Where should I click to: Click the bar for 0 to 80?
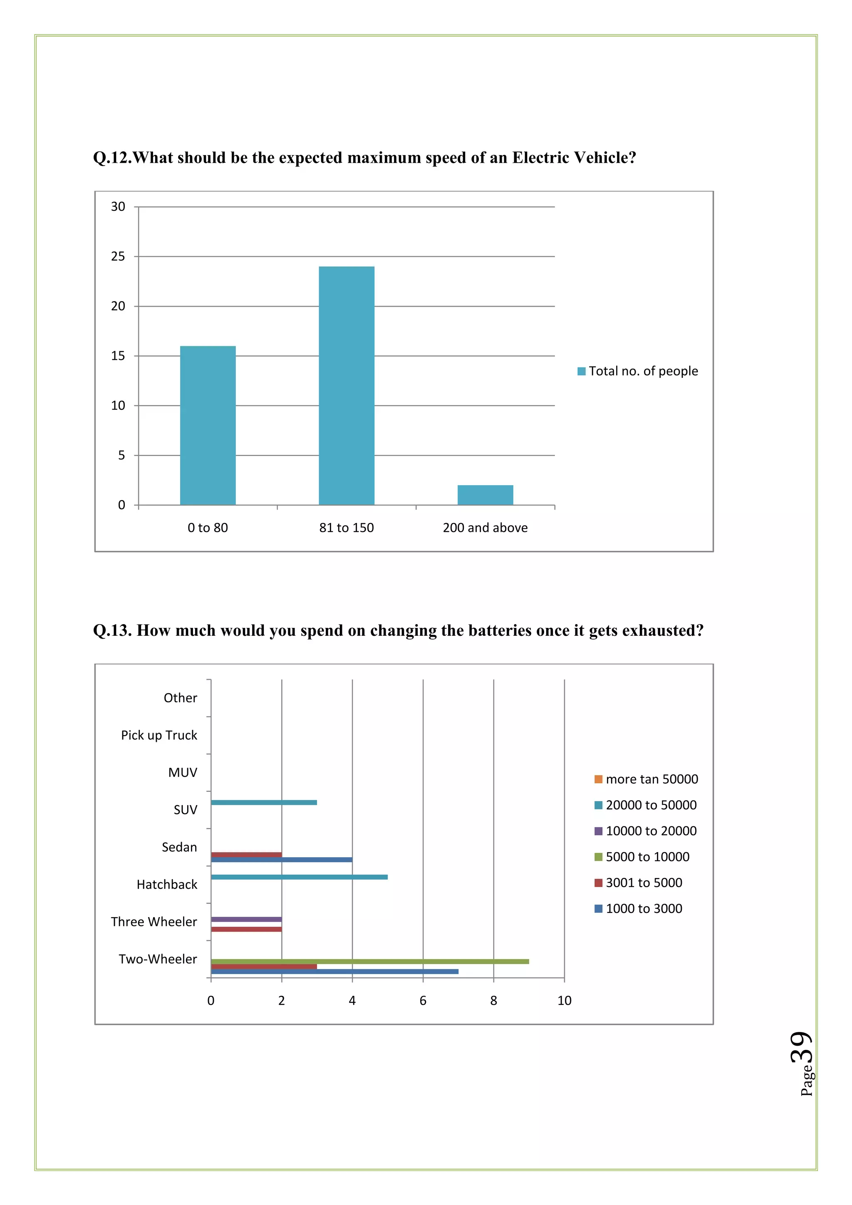tap(208, 425)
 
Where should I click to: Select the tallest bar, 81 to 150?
tap(346, 386)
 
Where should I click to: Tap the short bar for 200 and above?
tap(485, 495)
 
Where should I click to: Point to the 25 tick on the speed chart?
tap(118, 257)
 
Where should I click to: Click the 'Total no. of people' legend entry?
tap(637, 371)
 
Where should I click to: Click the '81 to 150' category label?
tap(346, 528)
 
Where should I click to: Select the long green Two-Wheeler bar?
tap(370, 962)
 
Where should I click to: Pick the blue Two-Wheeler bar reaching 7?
tap(334, 972)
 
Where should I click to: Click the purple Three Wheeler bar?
tap(246, 920)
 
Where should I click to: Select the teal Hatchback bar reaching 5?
tap(299, 877)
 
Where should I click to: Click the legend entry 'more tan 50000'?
tap(646, 779)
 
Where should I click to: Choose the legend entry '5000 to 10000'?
tap(642, 857)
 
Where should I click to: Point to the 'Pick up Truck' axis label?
tap(159, 735)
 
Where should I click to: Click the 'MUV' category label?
tap(183, 773)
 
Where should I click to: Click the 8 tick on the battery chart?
tap(494, 1001)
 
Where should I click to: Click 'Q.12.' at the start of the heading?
tap(112, 158)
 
